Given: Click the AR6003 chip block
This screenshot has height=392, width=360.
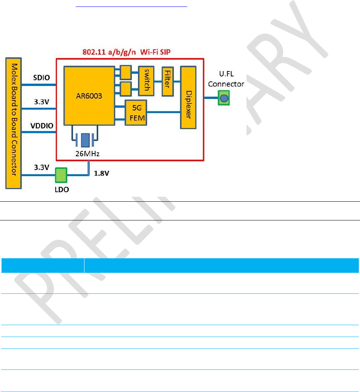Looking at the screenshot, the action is [x=89, y=96].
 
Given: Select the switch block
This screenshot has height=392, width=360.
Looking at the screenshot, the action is [x=144, y=81].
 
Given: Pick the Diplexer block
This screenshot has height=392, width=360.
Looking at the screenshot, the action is [x=188, y=97].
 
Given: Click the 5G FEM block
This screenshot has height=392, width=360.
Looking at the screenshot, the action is [x=136, y=113].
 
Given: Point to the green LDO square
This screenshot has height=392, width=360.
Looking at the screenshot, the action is [x=61, y=175].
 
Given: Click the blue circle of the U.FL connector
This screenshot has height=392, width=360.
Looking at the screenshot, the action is [x=224, y=99].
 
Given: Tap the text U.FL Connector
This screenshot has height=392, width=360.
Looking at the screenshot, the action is [x=225, y=80].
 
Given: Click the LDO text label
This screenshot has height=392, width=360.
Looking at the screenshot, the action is [x=61, y=189].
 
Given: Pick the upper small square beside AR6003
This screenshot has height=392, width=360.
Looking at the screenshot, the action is [x=125, y=71].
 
